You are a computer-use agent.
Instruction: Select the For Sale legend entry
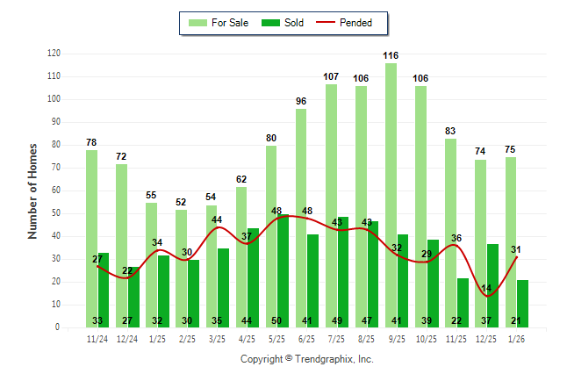coord(219,23)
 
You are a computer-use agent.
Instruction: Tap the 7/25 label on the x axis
coord(336,338)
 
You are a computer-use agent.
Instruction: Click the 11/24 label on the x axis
coord(97,338)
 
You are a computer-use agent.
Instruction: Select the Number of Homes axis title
coord(32,190)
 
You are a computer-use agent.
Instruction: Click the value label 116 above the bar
coord(391,55)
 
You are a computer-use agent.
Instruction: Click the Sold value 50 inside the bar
coord(276,320)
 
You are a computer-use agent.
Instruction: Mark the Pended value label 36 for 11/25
coord(456,238)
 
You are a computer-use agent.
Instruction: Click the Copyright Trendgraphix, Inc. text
coord(307,359)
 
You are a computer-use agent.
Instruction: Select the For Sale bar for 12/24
coord(121,245)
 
